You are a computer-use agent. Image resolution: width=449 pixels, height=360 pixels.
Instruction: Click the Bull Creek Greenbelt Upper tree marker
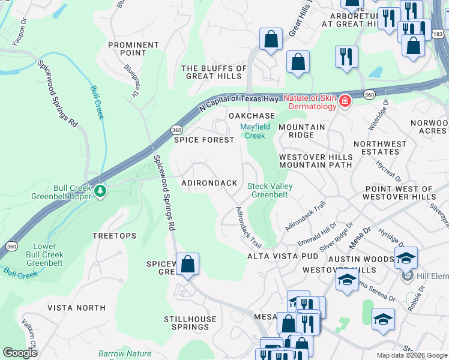(100, 191)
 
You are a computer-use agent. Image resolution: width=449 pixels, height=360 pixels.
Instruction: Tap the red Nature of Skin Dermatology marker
(345, 101)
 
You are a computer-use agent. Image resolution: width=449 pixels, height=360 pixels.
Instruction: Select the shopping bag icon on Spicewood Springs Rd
(187, 264)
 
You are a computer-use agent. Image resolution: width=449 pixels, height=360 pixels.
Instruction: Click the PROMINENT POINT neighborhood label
(133, 49)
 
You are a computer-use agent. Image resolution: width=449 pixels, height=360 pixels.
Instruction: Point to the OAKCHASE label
(252, 115)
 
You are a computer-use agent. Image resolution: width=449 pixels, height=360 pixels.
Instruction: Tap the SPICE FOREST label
(204, 140)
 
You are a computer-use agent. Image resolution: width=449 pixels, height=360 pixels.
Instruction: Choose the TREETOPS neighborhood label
(114, 236)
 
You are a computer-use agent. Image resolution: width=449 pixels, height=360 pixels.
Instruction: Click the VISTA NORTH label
(76, 308)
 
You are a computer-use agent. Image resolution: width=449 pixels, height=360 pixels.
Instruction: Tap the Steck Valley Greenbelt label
(270, 190)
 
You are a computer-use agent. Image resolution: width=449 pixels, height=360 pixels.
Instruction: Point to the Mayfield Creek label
(255, 131)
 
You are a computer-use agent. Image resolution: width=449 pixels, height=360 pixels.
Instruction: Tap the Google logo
(20, 353)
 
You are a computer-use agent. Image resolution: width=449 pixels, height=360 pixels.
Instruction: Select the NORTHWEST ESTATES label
(380, 148)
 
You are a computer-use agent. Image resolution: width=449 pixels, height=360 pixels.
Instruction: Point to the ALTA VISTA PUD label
(283, 256)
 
